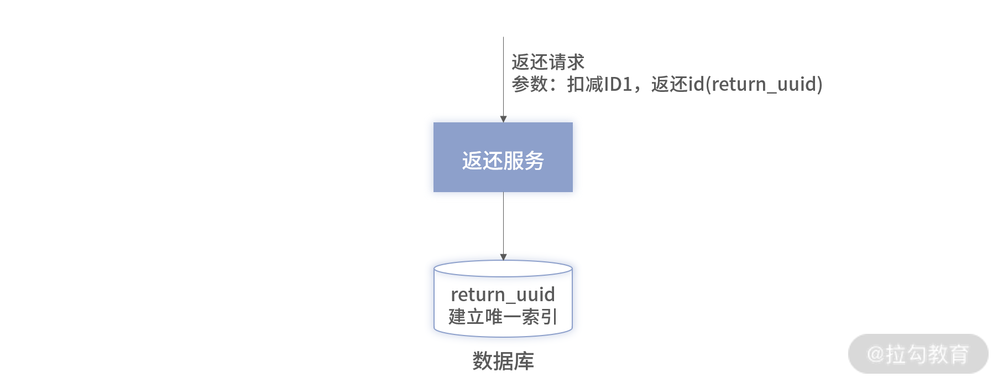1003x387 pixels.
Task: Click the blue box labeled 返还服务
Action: coord(503,157)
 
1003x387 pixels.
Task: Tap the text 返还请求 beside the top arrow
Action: coord(548,62)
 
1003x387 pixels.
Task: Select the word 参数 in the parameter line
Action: coord(530,84)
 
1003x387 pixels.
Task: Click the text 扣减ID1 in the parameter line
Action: coord(600,84)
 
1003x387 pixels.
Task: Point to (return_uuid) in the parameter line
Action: coord(764,85)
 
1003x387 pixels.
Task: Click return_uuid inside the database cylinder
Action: coord(503,295)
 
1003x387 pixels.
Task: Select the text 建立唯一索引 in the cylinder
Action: coord(503,317)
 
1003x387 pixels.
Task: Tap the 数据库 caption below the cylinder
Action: coord(503,361)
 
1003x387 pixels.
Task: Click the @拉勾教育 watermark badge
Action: coord(918,354)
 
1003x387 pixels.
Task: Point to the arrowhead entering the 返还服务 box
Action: coord(503,119)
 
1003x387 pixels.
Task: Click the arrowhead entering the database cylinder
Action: coord(503,257)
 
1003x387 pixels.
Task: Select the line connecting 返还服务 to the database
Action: coord(503,223)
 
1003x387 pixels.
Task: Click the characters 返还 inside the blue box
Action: coord(482,161)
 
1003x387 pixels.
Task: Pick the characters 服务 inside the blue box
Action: coord(524,161)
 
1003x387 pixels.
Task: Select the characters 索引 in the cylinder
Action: coord(539,317)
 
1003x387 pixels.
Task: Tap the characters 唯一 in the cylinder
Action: coord(503,317)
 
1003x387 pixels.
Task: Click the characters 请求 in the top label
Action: coord(566,62)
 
